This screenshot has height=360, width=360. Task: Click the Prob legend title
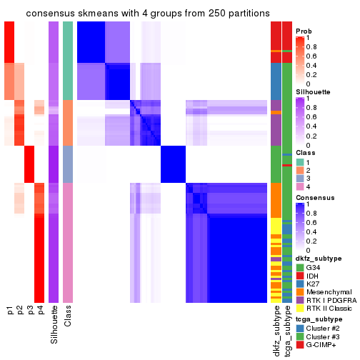click(x=305, y=31)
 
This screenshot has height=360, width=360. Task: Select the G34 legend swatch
click(x=301, y=266)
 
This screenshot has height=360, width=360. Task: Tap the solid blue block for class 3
click(x=173, y=164)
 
